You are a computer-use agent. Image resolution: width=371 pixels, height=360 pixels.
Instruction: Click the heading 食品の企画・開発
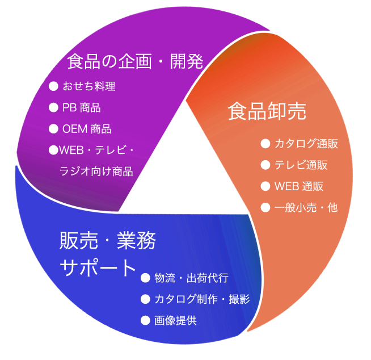135,60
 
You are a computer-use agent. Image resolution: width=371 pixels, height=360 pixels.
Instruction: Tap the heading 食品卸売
267,111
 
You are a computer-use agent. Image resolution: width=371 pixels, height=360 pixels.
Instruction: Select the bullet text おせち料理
89,86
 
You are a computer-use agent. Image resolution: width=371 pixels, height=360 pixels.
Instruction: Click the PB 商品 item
82,107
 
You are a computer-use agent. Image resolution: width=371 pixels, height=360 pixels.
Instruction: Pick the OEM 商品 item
87,129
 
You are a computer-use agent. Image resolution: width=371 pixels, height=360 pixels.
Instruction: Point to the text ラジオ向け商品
96,171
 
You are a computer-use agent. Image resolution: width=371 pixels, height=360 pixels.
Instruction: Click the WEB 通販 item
299,186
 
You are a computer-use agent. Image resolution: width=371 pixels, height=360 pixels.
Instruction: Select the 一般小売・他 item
306,207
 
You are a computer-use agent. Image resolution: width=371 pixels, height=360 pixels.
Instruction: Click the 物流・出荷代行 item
191,278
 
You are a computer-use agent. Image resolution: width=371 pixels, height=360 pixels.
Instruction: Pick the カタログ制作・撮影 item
202,299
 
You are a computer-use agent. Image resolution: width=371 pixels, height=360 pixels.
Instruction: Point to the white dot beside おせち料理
54,86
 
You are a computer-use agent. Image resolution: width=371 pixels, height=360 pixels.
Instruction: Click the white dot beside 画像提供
145,320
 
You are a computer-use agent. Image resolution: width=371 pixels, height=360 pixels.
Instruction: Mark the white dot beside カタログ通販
265,144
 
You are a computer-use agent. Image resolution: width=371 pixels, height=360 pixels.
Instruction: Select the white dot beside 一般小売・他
265,207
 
